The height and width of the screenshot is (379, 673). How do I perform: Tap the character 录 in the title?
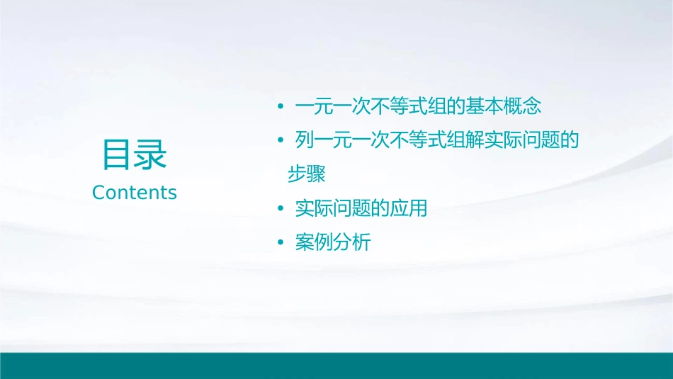(x=151, y=154)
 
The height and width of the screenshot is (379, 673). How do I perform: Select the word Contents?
(x=135, y=192)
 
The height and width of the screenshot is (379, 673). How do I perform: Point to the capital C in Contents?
(x=98, y=192)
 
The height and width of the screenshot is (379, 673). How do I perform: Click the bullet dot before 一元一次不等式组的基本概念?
(x=281, y=107)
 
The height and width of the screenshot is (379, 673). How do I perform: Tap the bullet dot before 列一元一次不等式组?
(x=281, y=141)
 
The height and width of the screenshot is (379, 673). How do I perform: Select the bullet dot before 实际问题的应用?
(x=281, y=209)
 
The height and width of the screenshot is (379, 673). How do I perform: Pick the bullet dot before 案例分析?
(x=281, y=243)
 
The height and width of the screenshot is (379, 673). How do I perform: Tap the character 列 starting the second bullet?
(x=305, y=141)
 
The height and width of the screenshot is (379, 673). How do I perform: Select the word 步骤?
(x=307, y=174)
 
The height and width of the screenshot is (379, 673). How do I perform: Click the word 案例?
(x=314, y=243)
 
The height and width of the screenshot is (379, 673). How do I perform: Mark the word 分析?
(x=352, y=243)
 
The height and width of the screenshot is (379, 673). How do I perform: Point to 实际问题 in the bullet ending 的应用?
(x=333, y=209)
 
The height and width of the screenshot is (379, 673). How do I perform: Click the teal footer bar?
(x=336, y=366)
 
